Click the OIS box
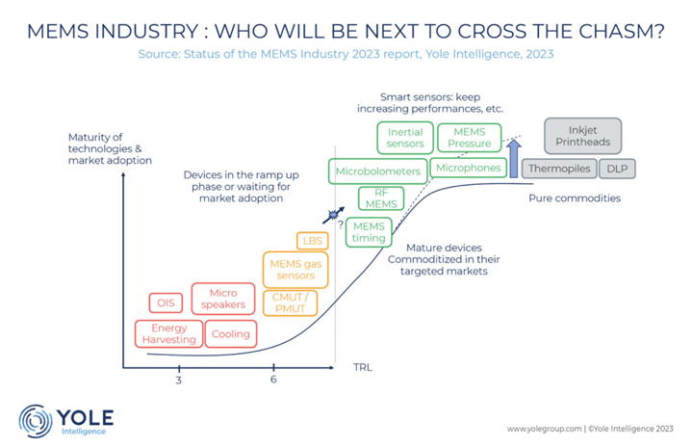pos(164,303)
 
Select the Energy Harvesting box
pos(169,333)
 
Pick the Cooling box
pos(230,334)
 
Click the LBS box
pos(313,241)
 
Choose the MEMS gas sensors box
pos(295,270)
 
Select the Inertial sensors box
pos(405,137)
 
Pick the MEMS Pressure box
pos(470,137)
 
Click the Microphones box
pos(469,168)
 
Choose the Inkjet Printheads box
pos(583,136)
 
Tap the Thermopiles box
pos(558,169)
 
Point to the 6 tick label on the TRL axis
pos(273,379)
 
